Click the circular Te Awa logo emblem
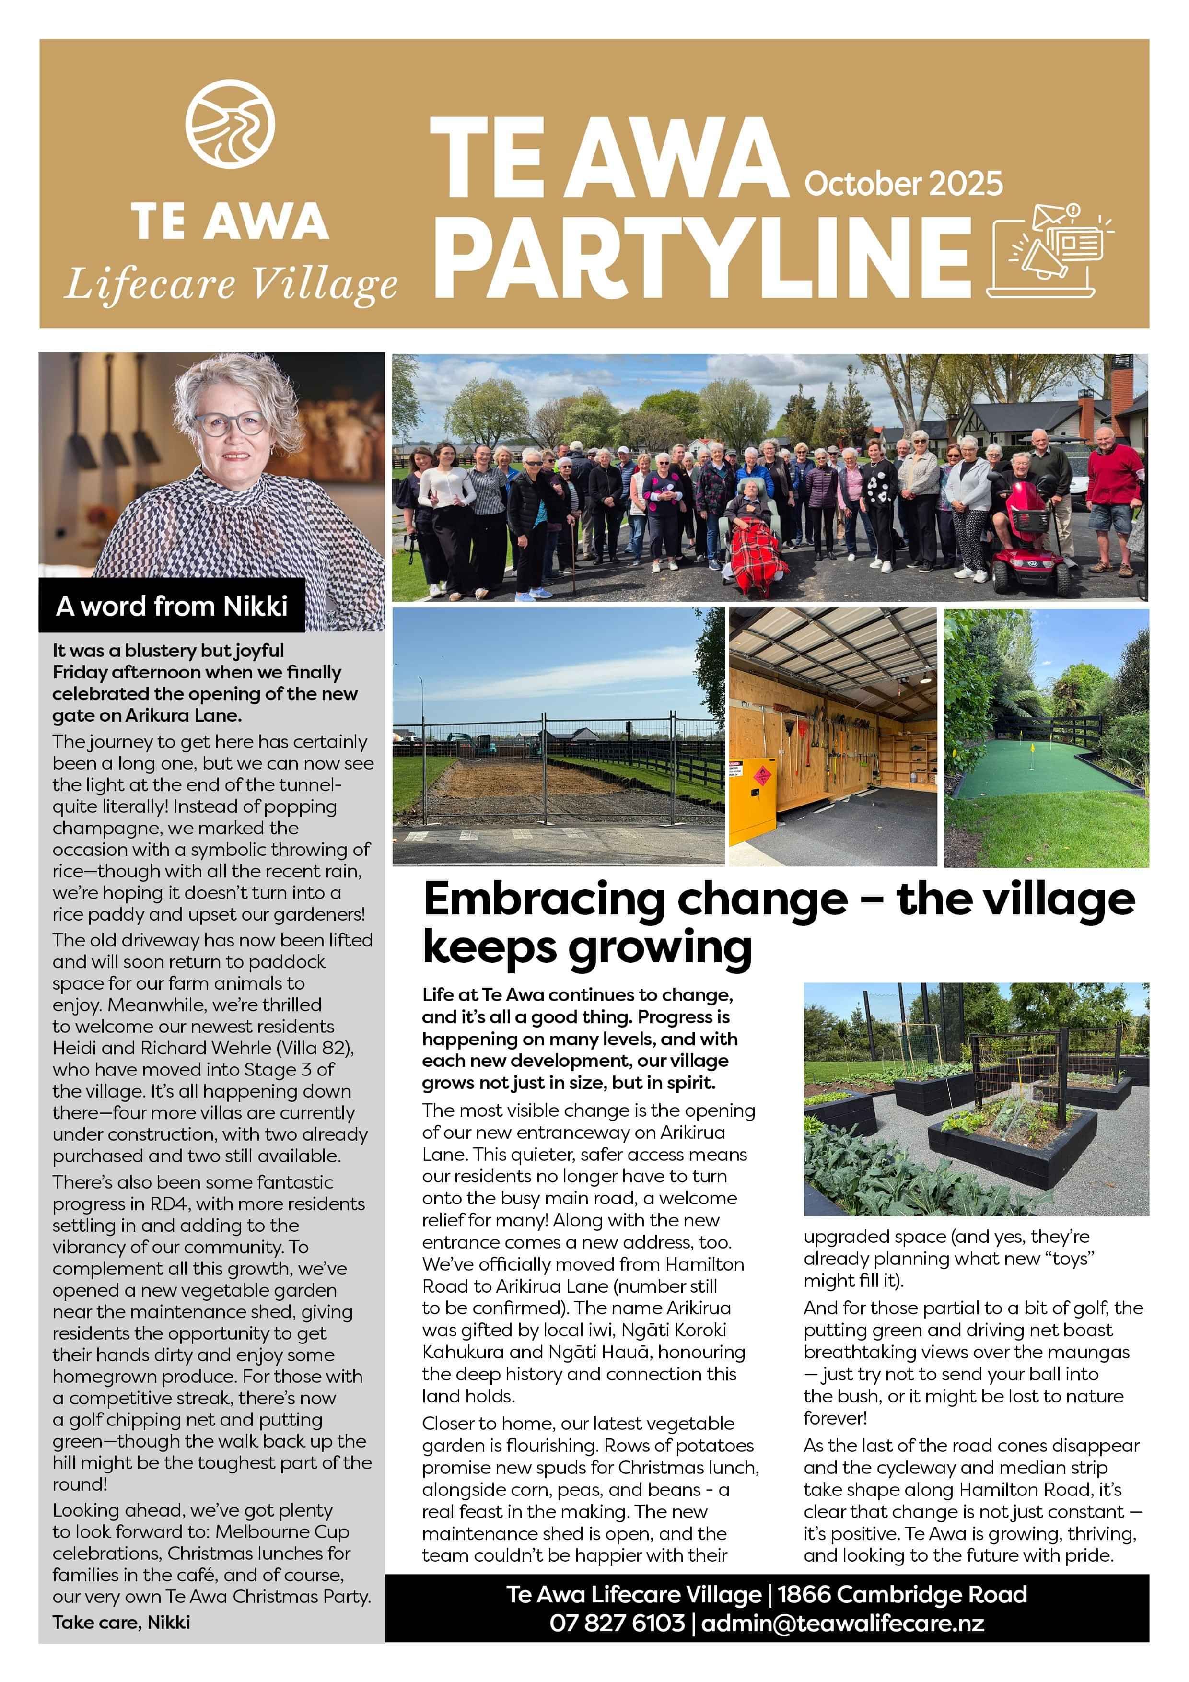click(x=230, y=125)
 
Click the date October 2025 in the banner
click(x=903, y=183)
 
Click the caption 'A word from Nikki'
click(x=172, y=606)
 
